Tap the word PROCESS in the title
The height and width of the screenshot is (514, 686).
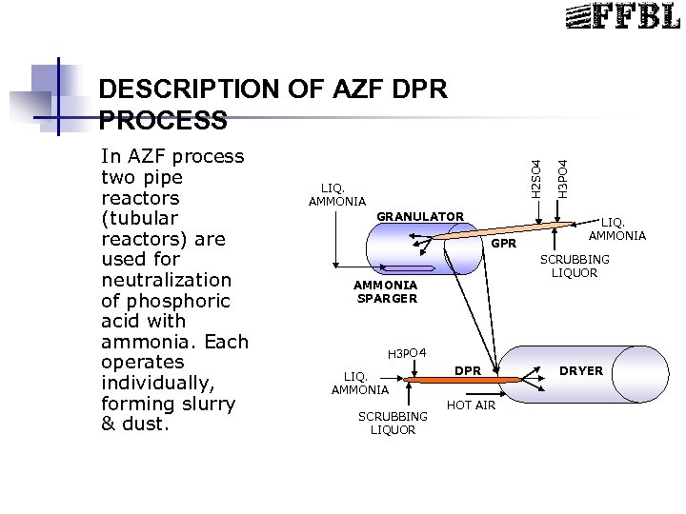pyautogui.click(x=163, y=121)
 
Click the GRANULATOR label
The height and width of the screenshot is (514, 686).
pyautogui.click(x=420, y=217)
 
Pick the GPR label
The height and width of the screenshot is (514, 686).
pyautogui.click(x=504, y=246)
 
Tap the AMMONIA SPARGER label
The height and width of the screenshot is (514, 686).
pyautogui.click(x=385, y=291)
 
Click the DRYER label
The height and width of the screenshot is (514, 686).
pyautogui.click(x=580, y=370)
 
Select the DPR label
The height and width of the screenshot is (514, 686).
pyautogui.click(x=468, y=369)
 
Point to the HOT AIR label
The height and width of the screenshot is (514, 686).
pyautogui.click(x=471, y=405)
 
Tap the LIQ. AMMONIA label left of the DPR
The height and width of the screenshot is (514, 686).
pyautogui.click(x=359, y=383)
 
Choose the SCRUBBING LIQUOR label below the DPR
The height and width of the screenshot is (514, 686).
pyautogui.click(x=393, y=423)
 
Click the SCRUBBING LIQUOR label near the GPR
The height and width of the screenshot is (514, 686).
pyautogui.click(x=575, y=267)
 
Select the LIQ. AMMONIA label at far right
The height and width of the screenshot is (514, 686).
pyautogui.click(x=616, y=229)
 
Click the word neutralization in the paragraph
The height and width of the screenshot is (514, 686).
pyautogui.click(x=166, y=280)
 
